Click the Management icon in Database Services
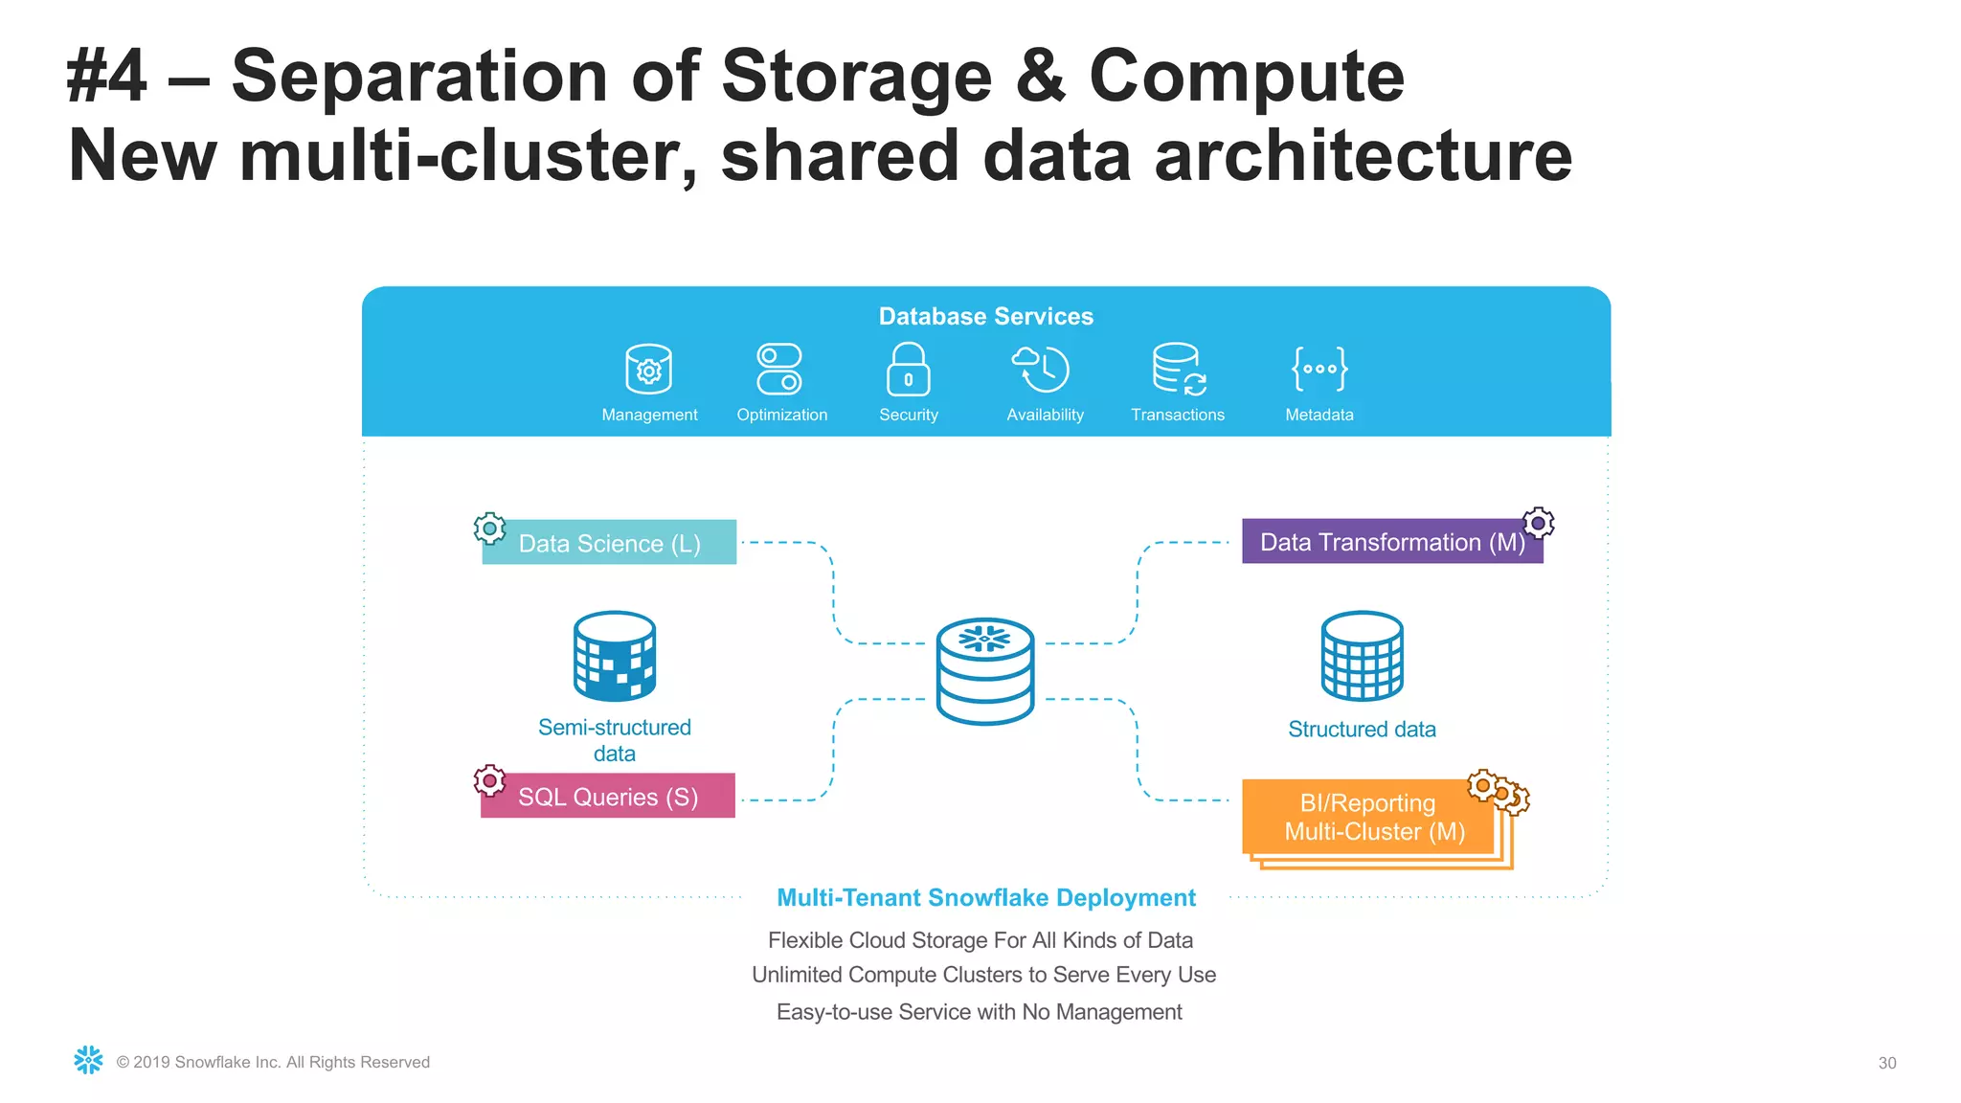(648, 369)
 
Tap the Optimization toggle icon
(779, 369)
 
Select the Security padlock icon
(908, 370)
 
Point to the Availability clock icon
(1041, 369)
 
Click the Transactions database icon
(1178, 369)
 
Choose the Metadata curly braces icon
(1319, 369)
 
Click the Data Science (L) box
(610, 543)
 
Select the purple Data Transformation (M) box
(1390, 542)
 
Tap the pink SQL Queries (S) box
(608, 796)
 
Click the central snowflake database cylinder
(985, 671)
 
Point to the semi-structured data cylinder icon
(615, 657)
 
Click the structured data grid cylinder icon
(1362, 657)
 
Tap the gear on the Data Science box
(489, 528)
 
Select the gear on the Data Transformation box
(1538, 523)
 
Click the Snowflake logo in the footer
(88, 1060)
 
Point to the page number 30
(1886, 1063)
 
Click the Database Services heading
(985, 317)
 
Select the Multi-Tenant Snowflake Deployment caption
(985, 898)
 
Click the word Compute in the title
(1247, 77)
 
